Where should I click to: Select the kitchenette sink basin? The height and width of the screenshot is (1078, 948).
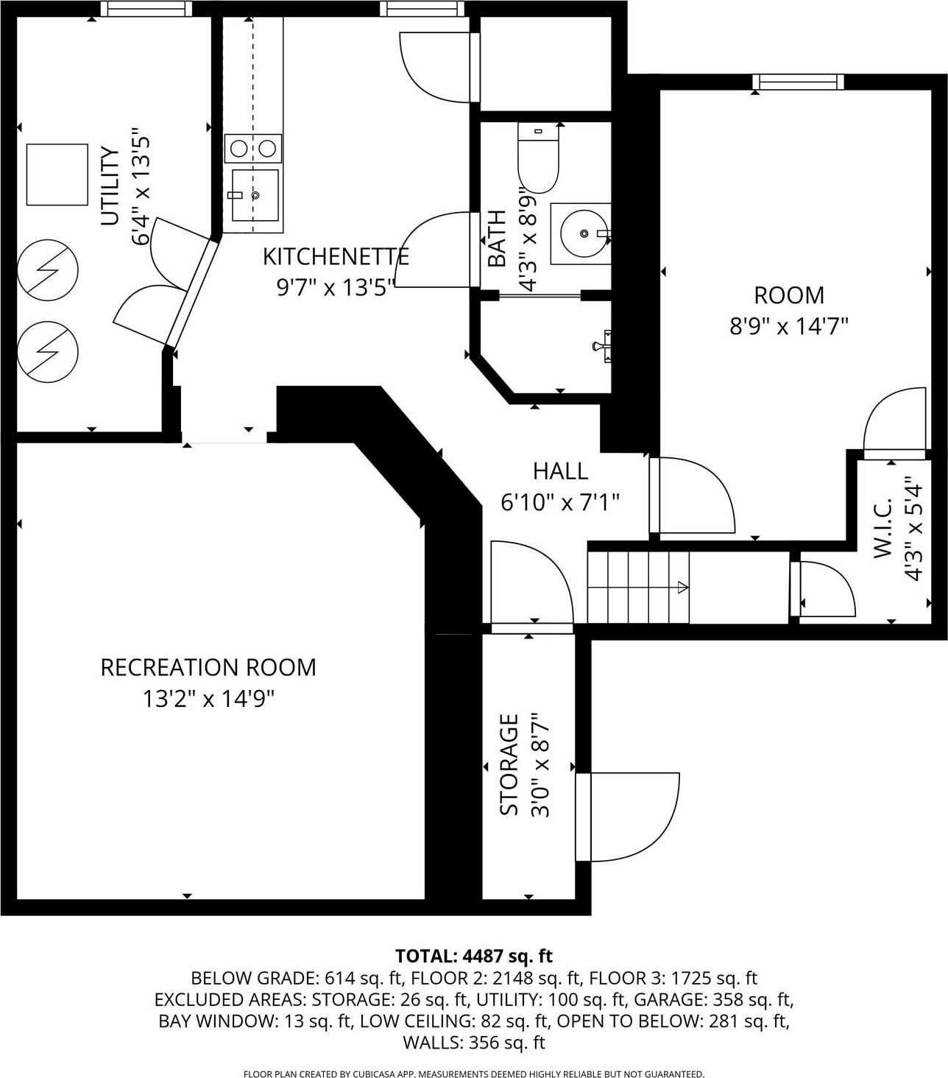click(255, 195)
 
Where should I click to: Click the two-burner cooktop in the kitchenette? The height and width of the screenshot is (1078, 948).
click(252, 149)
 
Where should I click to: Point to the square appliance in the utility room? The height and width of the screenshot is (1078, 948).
click(57, 175)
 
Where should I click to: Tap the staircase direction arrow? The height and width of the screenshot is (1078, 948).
click(682, 588)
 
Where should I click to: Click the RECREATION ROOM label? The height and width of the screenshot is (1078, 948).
click(208, 667)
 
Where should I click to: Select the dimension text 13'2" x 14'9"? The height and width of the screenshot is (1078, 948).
click(208, 698)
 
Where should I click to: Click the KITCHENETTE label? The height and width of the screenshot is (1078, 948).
click(336, 257)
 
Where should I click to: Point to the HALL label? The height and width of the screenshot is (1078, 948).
click(560, 471)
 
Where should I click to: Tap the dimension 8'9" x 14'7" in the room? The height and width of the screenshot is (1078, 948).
click(789, 325)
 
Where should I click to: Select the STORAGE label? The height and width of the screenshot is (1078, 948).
click(509, 764)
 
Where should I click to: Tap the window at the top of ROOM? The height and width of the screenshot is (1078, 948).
click(799, 82)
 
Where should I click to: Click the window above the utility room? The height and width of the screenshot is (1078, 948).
click(146, 9)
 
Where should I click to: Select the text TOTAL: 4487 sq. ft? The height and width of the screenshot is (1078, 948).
click(474, 956)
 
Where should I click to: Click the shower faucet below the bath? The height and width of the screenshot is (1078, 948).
click(602, 345)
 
